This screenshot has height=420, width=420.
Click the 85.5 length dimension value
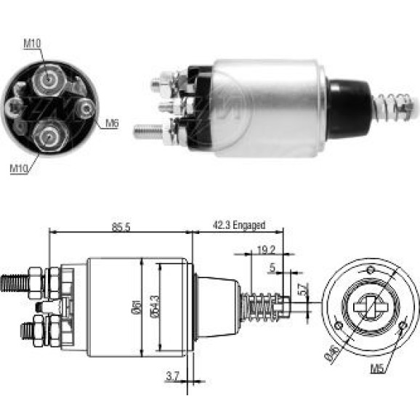click(121, 227)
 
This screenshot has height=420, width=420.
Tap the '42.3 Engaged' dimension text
click(239, 225)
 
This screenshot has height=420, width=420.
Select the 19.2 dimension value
click(266, 250)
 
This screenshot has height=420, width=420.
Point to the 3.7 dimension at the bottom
click(172, 376)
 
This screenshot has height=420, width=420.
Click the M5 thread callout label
click(377, 368)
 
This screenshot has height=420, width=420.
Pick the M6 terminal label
click(112, 124)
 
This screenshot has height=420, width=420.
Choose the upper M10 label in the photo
click(32, 43)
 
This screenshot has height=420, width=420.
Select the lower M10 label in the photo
click(19, 169)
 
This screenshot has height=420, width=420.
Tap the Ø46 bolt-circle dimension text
click(331, 354)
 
